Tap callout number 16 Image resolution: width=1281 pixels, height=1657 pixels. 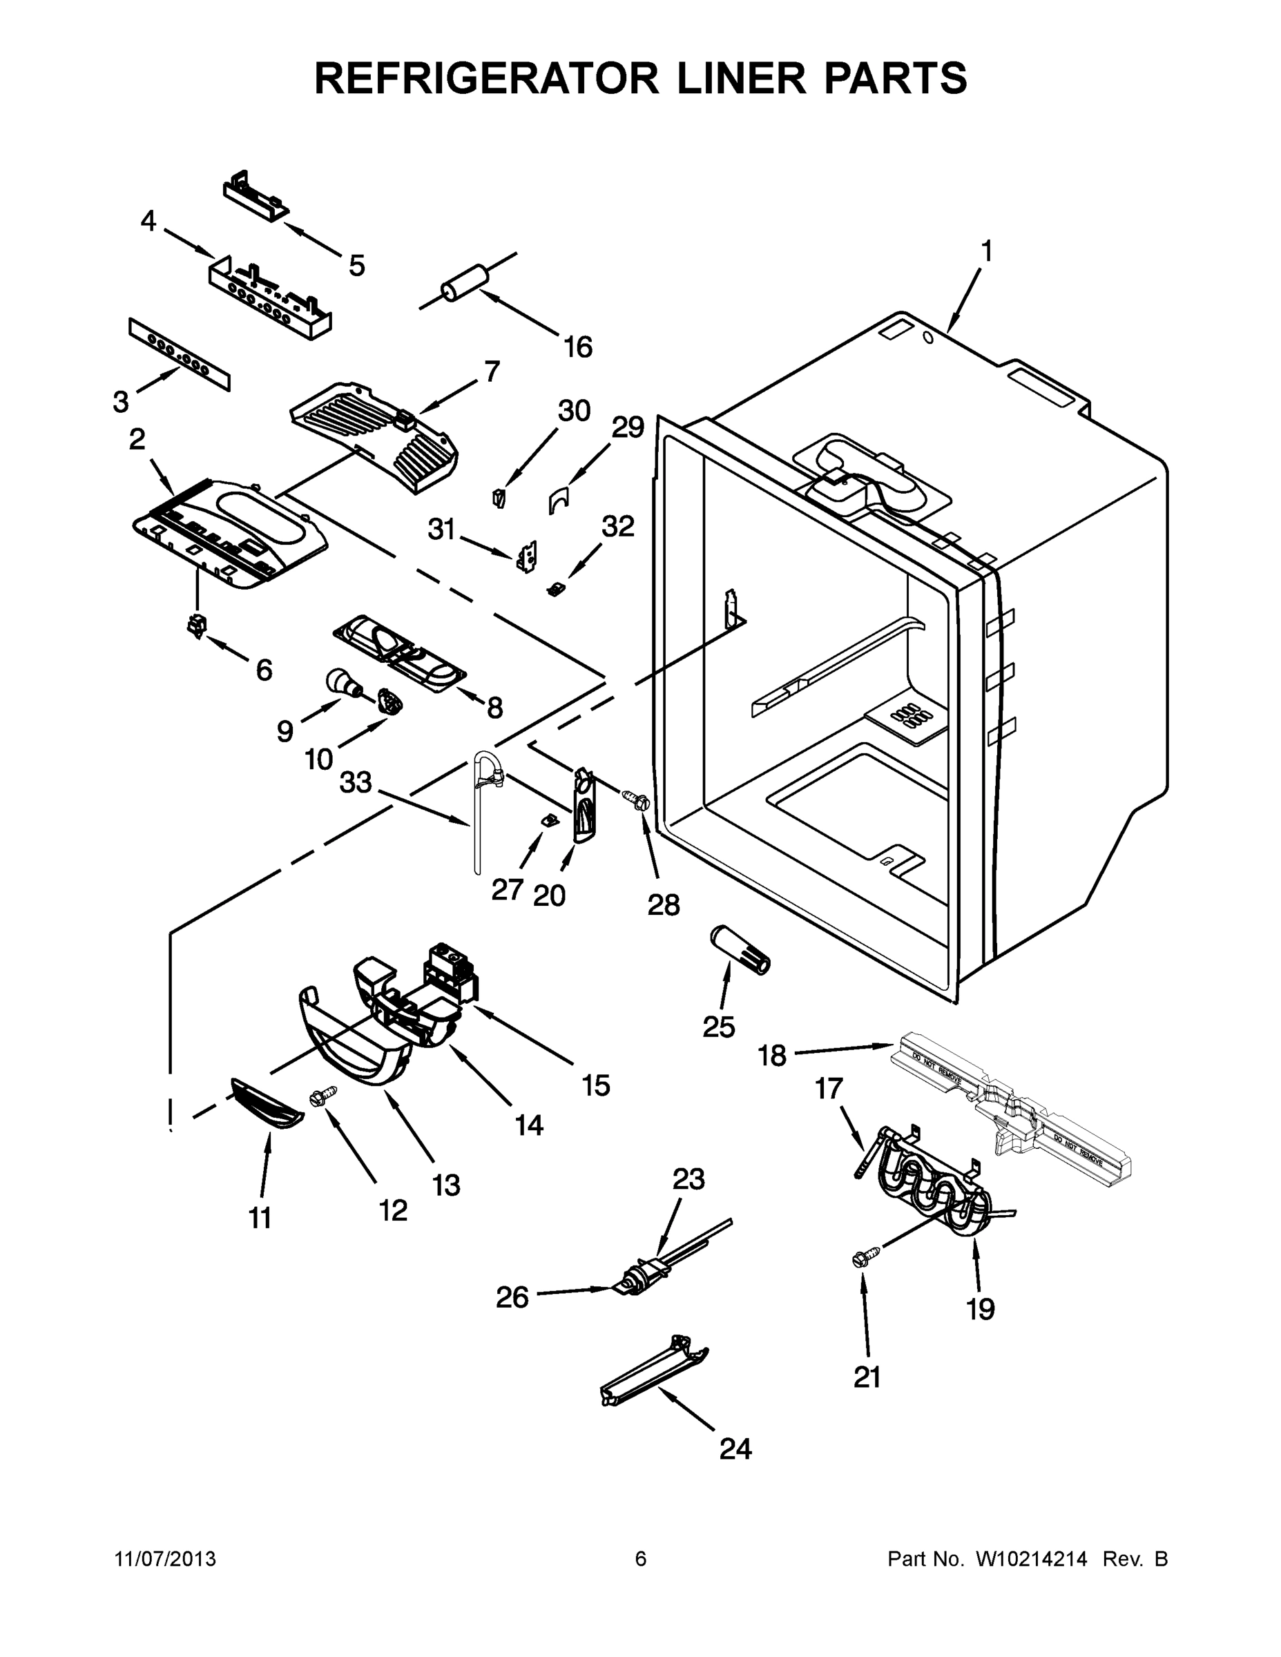577,347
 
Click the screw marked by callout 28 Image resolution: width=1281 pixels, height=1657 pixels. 635,798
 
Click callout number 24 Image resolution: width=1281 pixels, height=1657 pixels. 735,1448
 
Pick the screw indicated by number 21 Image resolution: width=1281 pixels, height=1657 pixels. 866,1258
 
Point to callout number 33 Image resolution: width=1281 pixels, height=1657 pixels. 355,782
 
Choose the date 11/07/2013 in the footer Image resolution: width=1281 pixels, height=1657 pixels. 164,1558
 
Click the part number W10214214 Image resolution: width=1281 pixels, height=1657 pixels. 1030,1558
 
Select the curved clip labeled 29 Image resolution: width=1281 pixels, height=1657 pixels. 560,499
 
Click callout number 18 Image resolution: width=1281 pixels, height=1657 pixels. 772,1054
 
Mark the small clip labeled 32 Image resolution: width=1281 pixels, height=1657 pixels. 557,589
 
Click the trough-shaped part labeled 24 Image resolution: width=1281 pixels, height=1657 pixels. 654,1375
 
